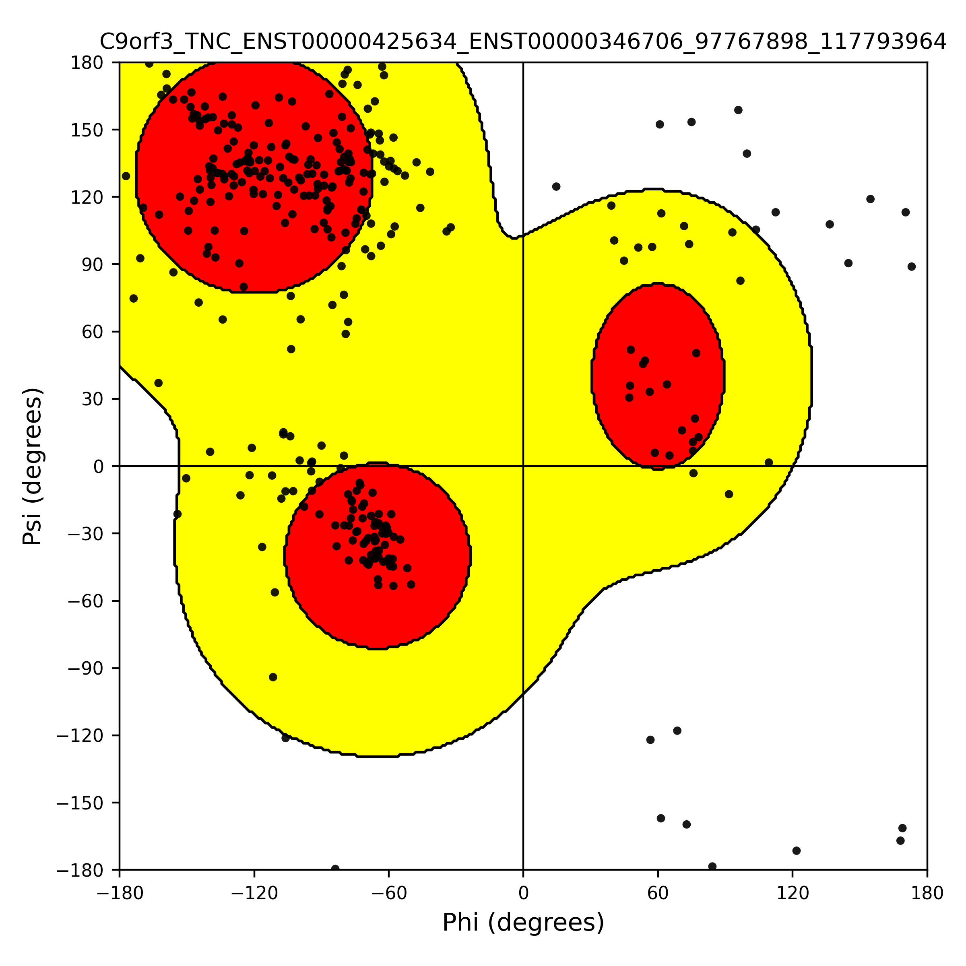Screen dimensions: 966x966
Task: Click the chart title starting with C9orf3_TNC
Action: coord(523,42)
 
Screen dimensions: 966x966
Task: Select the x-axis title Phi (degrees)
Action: coord(523,923)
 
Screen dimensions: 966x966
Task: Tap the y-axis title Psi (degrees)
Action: coord(33,466)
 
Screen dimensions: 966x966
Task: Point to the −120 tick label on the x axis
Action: coord(254,893)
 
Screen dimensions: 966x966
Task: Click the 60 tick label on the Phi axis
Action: coord(658,893)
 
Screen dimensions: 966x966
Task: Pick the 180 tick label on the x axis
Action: coord(927,893)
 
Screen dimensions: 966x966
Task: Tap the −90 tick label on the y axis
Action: coord(86,668)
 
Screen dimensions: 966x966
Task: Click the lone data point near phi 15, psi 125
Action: coord(556,186)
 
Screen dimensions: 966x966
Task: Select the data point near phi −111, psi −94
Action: coord(273,677)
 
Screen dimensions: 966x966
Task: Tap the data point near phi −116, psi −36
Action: coord(262,547)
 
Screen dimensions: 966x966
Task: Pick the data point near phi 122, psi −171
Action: coord(797,850)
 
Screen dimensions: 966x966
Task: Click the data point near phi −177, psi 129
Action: coord(126,176)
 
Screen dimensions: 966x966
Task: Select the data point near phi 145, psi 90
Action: coord(848,263)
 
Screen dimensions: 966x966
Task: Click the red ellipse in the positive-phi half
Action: coord(658,376)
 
